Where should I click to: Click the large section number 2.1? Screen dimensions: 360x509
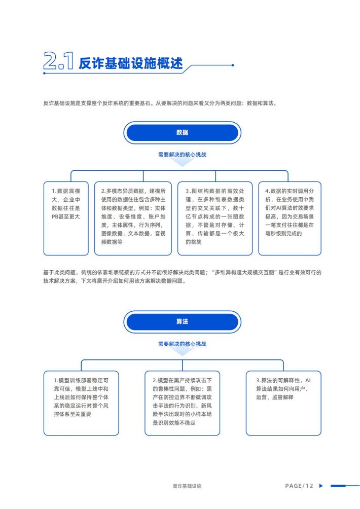(58, 60)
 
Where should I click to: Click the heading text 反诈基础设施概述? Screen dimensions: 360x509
(131, 63)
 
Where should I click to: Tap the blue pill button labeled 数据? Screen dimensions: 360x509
(182, 132)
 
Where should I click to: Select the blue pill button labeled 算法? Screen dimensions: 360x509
(182, 321)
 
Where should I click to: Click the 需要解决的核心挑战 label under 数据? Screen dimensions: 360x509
(182, 155)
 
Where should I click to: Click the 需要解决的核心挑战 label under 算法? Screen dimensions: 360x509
(182, 344)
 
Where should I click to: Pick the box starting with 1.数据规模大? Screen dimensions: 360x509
(66, 219)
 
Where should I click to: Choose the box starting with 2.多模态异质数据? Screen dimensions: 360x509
(133, 219)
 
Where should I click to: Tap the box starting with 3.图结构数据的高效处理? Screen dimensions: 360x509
(215, 219)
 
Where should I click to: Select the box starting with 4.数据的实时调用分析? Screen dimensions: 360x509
(290, 219)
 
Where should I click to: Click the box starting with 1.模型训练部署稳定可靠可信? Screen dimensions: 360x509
(81, 403)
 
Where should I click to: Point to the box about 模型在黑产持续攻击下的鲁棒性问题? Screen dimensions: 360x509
(182, 403)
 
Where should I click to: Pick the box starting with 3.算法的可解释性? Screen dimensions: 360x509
(283, 403)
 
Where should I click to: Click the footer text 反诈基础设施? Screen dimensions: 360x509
(187, 486)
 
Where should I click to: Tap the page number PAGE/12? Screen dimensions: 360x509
(299, 486)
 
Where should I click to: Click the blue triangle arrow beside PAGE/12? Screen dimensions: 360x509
(321, 486)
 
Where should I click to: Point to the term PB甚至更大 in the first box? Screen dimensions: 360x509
(65, 216)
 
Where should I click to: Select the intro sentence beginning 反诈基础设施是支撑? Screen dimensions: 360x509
(160, 103)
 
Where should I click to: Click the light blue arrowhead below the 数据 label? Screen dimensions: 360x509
(182, 163)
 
